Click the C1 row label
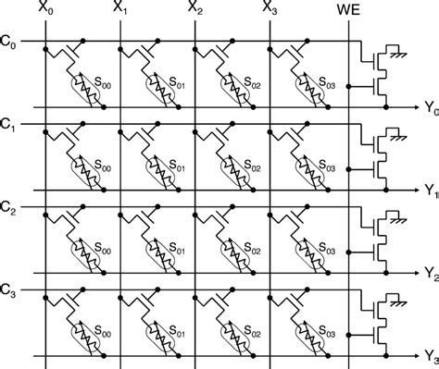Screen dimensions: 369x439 click(x=8, y=123)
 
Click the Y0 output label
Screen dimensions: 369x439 click(x=429, y=110)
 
